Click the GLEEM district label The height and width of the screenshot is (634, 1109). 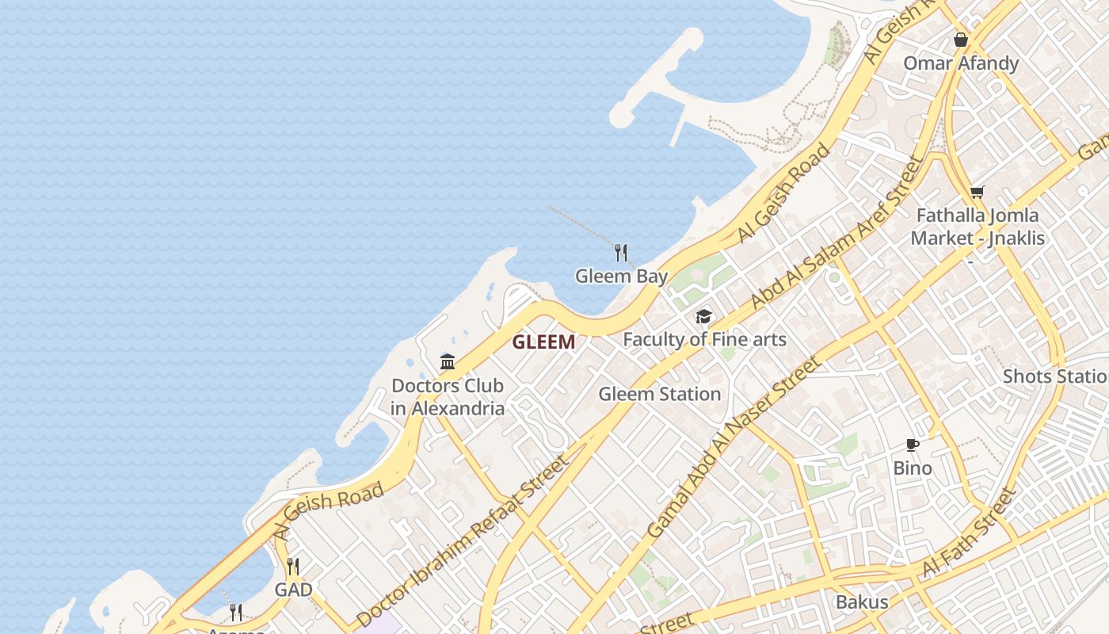click(543, 342)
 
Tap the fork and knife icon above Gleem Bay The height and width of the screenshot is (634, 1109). click(621, 253)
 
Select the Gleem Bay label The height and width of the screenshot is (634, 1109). click(621, 277)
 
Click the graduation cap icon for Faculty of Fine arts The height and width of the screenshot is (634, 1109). click(703, 317)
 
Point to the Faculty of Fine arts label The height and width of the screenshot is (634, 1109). click(704, 340)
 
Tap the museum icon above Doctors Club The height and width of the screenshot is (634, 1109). click(448, 362)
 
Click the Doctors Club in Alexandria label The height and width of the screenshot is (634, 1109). click(448, 397)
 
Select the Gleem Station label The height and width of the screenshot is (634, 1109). click(659, 394)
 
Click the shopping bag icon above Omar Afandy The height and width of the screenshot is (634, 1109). click(961, 40)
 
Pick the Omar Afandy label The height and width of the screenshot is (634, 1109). click(961, 63)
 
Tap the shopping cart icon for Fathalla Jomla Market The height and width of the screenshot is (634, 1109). click(977, 192)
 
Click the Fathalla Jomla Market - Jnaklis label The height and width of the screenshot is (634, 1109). click(977, 227)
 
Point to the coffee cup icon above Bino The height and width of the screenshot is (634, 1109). click(913, 445)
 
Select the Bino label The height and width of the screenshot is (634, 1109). click(913, 468)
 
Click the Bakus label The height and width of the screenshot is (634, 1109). click(862, 602)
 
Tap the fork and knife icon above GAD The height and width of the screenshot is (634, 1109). click(293, 566)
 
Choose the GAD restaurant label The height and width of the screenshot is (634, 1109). click(293, 590)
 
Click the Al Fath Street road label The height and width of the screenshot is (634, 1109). click(968, 533)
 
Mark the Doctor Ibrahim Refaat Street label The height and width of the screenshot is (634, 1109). click(463, 541)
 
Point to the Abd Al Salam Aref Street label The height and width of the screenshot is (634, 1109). click(837, 233)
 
